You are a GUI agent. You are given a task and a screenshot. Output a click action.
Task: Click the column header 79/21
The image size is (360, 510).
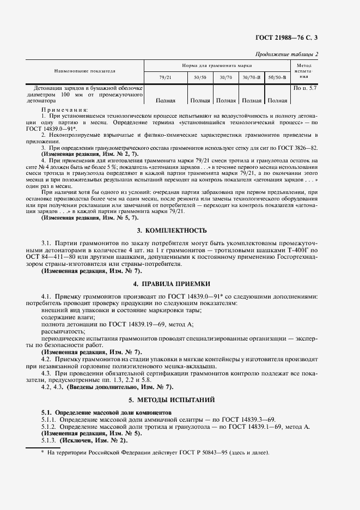(x=164, y=78)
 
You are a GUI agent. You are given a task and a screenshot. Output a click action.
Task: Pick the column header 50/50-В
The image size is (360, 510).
(x=278, y=78)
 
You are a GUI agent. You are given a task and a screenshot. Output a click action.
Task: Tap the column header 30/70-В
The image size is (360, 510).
(x=252, y=78)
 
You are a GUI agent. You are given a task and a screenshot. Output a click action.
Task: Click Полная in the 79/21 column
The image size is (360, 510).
(x=165, y=100)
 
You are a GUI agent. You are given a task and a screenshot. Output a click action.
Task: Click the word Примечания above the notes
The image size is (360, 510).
(x=64, y=110)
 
